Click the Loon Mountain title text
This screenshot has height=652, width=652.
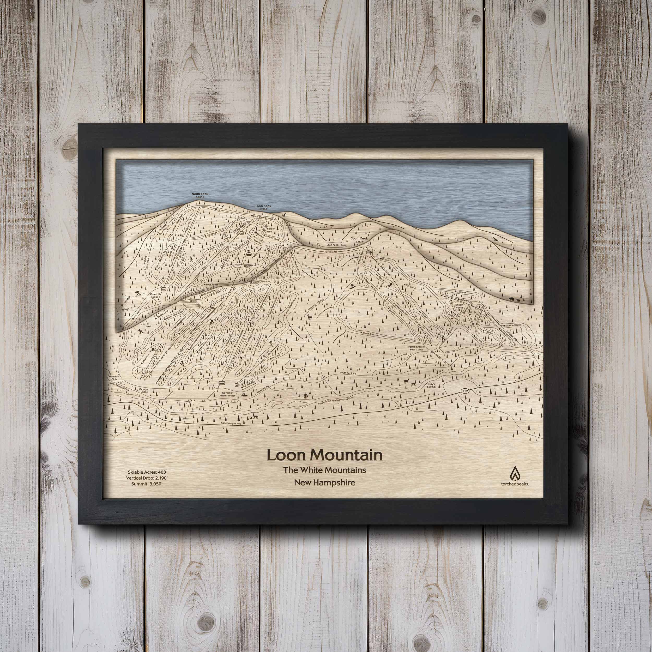click(x=324, y=455)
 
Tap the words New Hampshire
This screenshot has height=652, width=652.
click(x=324, y=482)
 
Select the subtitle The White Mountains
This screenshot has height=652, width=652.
click(x=324, y=469)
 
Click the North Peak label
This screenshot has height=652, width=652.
click(x=200, y=194)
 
